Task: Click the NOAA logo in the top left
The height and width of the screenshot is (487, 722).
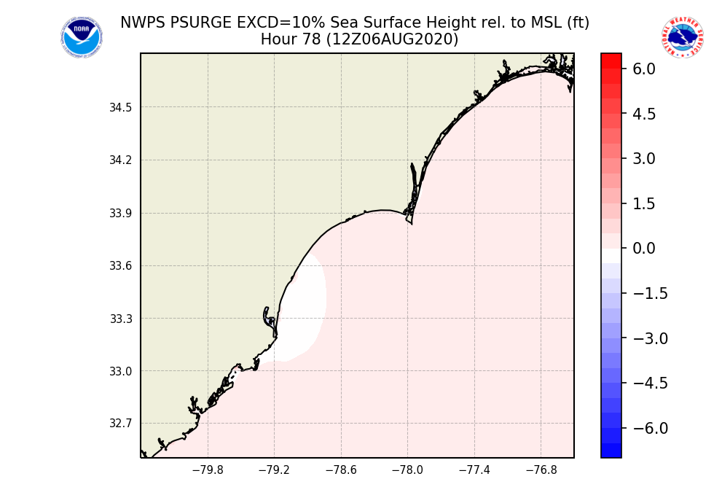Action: [81, 37]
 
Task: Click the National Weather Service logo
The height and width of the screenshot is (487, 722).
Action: [683, 37]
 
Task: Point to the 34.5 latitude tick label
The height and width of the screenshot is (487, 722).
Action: [120, 108]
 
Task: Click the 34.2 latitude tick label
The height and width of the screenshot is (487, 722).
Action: [120, 160]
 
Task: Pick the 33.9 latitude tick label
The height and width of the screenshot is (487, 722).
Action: [120, 214]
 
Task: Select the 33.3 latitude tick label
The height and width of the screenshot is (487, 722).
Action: [120, 319]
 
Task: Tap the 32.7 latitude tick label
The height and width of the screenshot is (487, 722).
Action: [120, 424]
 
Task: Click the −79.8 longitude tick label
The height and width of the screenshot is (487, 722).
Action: [207, 470]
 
